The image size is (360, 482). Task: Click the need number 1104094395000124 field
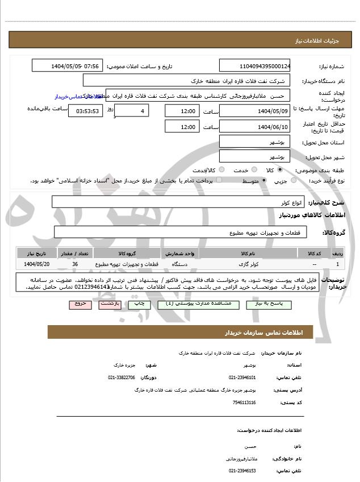coord(254,66)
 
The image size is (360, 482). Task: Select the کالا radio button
coord(279,170)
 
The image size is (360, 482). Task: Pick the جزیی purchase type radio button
coord(294,181)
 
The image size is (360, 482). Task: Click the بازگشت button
coord(111,304)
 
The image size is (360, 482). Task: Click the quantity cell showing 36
coord(76,264)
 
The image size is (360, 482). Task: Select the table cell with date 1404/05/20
coord(37,264)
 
